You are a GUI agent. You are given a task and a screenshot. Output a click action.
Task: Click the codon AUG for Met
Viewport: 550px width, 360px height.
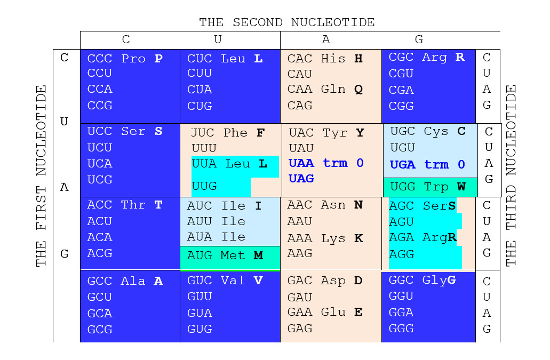point(200,256)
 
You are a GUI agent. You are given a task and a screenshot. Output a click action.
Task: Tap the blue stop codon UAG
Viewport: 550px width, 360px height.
point(301,179)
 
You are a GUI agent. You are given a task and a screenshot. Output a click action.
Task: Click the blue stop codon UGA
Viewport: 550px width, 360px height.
point(403,165)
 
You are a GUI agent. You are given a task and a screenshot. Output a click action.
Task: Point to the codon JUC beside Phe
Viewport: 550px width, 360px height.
point(203,133)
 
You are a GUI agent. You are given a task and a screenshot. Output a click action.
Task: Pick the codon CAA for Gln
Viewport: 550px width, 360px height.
point(300,89)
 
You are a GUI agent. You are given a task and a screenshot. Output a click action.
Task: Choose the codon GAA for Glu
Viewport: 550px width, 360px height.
point(300,312)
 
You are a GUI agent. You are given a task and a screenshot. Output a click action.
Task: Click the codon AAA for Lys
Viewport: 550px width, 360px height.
point(300,238)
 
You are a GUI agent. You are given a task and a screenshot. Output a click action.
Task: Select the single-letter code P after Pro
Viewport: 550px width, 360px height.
point(158,59)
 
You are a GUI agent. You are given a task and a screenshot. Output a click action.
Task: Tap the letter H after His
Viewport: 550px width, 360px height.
point(358,59)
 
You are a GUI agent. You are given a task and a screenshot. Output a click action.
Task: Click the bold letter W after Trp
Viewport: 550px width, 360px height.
point(461,187)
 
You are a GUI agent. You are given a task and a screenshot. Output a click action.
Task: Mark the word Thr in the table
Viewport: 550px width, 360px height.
point(133,205)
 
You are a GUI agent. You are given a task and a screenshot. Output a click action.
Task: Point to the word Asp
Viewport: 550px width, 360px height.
point(333,281)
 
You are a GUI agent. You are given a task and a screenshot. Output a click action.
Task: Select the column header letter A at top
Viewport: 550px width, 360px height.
point(326,39)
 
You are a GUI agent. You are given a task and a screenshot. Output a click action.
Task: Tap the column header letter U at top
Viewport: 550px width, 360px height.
point(218,39)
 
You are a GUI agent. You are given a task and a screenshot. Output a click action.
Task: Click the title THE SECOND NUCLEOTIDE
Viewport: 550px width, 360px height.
point(287,22)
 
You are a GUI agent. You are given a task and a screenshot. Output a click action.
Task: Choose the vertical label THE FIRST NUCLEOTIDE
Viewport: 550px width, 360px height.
point(42,175)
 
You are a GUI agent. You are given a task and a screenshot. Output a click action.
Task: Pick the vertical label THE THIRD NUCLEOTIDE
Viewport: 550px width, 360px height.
point(511,175)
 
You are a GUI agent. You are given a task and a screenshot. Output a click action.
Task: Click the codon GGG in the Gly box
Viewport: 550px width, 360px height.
point(401,329)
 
